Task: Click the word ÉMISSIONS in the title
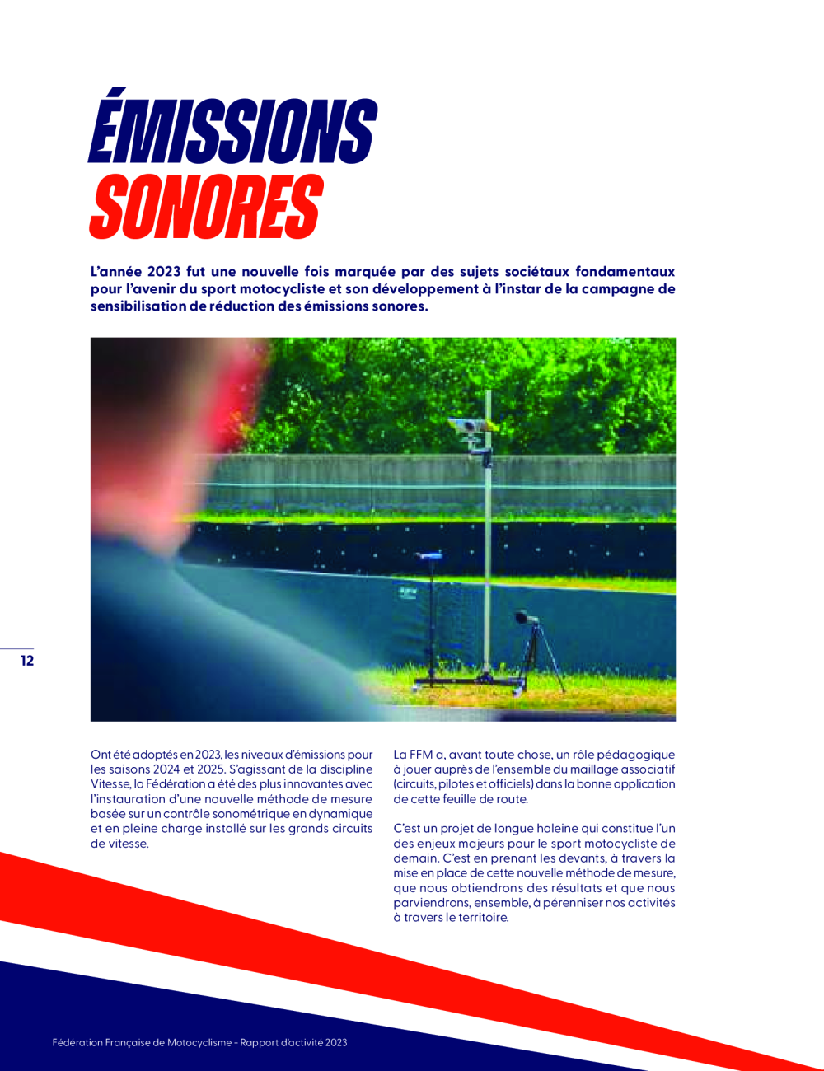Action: click(232, 130)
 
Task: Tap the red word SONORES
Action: click(205, 206)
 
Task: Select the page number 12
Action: click(27, 661)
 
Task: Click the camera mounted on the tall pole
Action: click(466, 426)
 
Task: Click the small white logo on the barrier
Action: click(408, 592)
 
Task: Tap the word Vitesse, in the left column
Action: click(110, 784)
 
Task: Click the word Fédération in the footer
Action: click(77, 1043)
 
